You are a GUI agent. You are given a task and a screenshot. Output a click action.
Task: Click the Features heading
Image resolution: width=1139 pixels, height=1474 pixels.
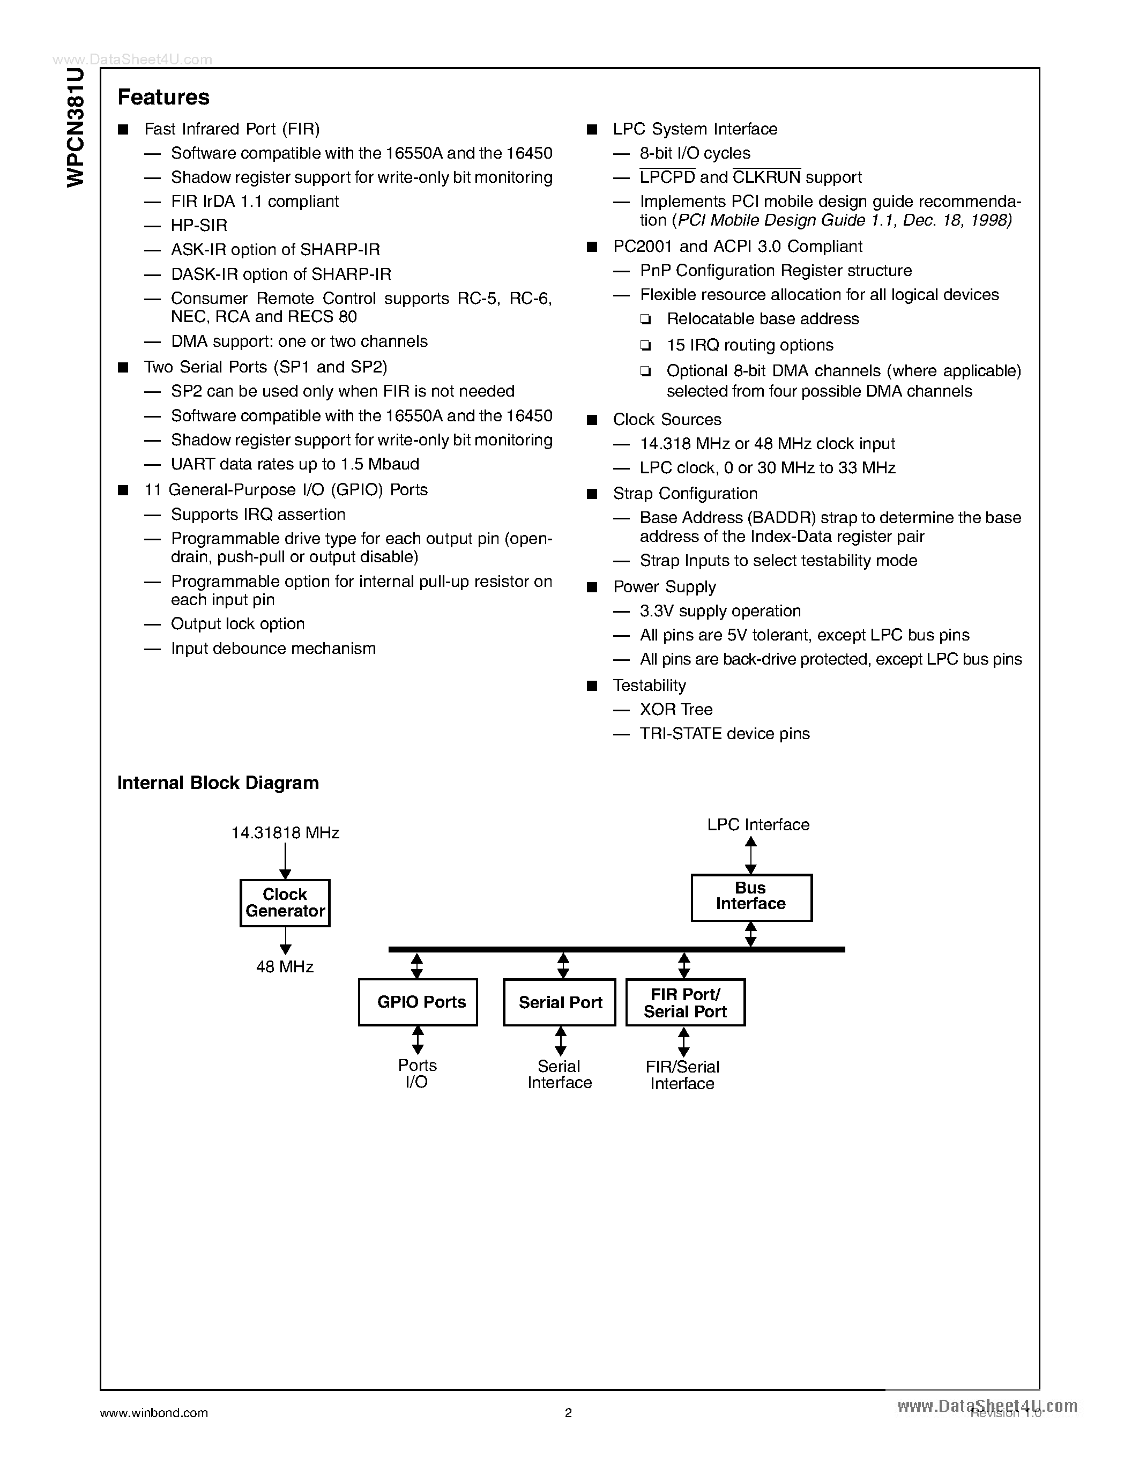pyautogui.click(x=163, y=97)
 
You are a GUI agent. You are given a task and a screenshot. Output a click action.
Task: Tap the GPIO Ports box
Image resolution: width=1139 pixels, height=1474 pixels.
pyautogui.click(x=418, y=1002)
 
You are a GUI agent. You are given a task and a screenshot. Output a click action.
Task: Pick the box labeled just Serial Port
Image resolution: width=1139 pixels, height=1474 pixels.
pyautogui.click(x=560, y=1002)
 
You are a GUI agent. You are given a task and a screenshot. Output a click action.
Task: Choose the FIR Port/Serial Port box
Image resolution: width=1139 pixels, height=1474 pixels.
pyautogui.click(x=685, y=1002)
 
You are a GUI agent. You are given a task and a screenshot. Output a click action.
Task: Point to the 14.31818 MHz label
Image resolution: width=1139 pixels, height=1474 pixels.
pyautogui.click(x=285, y=833)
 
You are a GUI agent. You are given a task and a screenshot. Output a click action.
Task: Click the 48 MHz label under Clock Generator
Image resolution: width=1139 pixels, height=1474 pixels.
pyautogui.click(x=285, y=966)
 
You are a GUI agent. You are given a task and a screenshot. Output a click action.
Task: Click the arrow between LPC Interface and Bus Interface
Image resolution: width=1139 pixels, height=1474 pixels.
pyautogui.click(x=750, y=855)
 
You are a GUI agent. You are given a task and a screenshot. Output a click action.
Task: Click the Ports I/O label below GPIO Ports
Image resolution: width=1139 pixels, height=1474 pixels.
pyautogui.click(x=417, y=1073)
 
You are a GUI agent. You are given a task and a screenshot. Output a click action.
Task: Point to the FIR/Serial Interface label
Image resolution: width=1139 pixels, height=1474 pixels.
pyautogui.click(x=682, y=1075)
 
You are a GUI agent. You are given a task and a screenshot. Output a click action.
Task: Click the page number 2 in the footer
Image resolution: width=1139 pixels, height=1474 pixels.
pyautogui.click(x=568, y=1412)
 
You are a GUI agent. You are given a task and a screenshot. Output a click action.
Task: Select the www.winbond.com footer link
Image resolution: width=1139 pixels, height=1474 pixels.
pyautogui.click(x=154, y=1412)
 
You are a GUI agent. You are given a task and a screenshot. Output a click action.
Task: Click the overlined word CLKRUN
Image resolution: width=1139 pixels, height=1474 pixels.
pyautogui.click(x=766, y=177)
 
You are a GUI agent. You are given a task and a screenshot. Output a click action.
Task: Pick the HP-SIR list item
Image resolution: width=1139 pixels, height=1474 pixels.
pyautogui.click(x=199, y=226)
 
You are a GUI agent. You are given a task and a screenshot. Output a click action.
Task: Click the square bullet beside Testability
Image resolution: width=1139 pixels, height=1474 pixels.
pyautogui.click(x=592, y=686)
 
